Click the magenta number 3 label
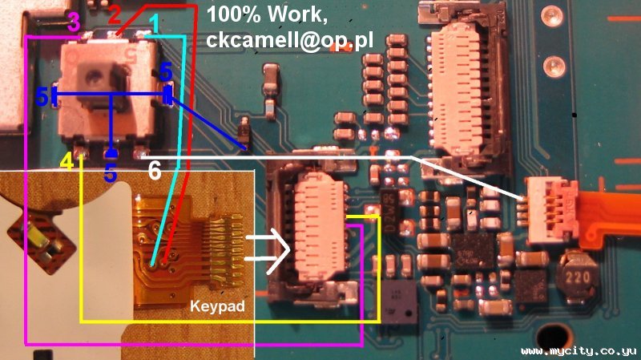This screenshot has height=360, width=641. click(x=73, y=23)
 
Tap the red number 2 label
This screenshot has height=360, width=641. click(x=115, y=14)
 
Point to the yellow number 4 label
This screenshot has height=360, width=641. click(x=67, y=162)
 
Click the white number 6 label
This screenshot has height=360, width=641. click(x=154, y=170)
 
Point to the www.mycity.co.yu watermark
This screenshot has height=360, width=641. click(x=579, y=351)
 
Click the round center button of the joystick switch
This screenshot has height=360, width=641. click(x=97, y=79)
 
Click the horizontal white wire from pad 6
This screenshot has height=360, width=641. click(x=280, y=155)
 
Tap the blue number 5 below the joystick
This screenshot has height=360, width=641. click(x=111, y=173)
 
